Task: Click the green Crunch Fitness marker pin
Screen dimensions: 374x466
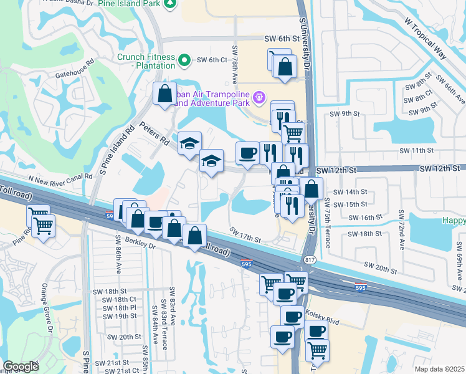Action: [184, 60]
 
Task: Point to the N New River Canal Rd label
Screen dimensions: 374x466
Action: [60, 177]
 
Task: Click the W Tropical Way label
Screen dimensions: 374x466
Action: [426, 39]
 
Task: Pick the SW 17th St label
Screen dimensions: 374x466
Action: [245, 235]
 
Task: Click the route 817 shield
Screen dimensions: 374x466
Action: [309, 259]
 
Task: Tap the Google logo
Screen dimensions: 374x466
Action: [21, 367]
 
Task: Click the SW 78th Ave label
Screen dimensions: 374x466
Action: [235, 65]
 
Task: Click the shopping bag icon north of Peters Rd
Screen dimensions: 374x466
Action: [165, 94]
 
